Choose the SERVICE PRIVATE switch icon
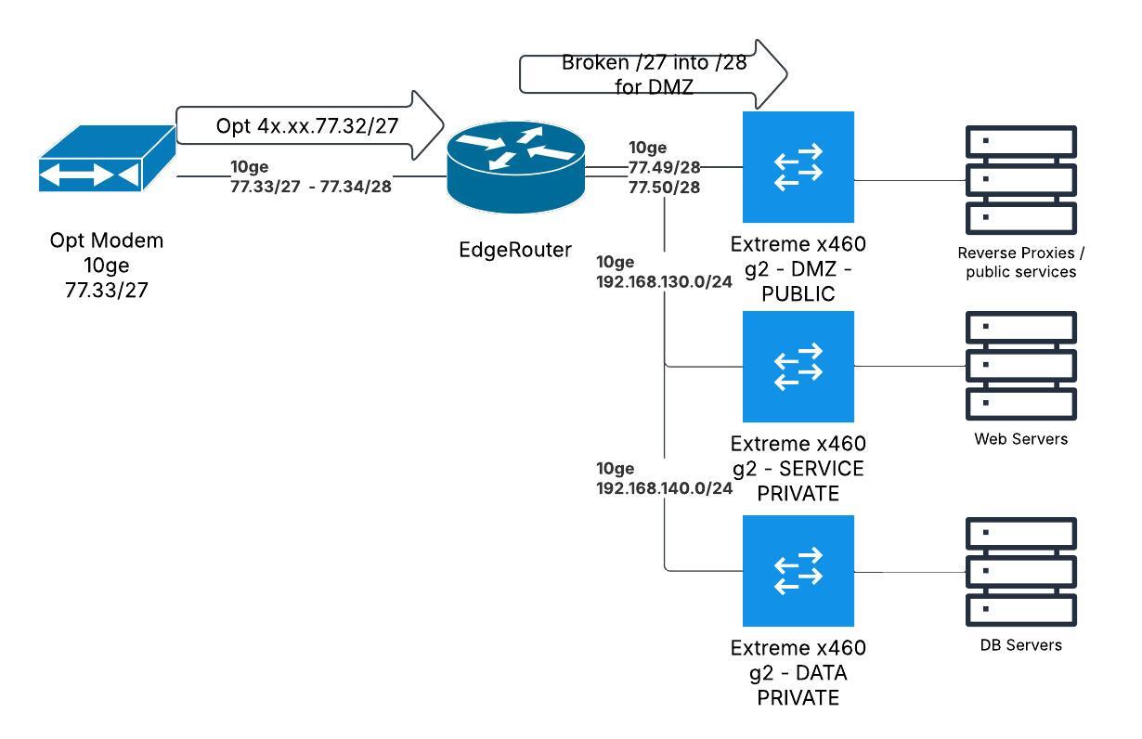pyautogui.click(x=798, y=366)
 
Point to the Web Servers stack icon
pyautogui.click(x=1020, y=366)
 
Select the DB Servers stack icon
pyautogui.click(x=1020, y=570)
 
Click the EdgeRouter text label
pyautogui.click(x=516, y=249)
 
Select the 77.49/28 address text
pyautogui.click(x=664, y=167)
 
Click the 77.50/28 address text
pyautogui.click(x=664, y=187)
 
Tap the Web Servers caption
pyautogui.click(x=1020, y=439)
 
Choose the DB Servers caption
pyautogui.click(x=1020, y=644)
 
